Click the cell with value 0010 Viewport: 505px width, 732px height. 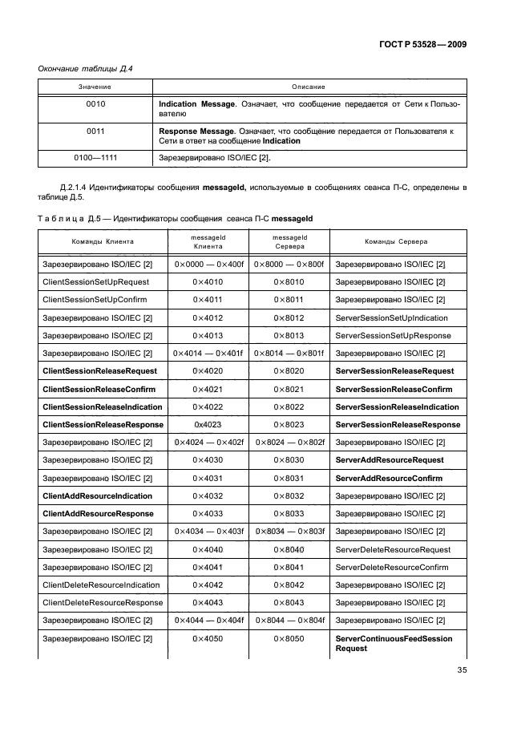click(x=95, y=104)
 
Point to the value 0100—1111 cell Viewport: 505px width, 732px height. click(x=95, y=157)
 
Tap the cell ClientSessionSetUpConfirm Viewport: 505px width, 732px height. click(x=94, y=300)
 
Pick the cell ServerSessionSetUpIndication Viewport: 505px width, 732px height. click(x=391, y=317)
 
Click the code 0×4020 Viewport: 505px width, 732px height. click(x=208, y=371)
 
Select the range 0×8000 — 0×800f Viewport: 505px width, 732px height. click(x=289, y=265)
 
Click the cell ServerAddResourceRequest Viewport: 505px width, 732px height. click(x=389, y=460)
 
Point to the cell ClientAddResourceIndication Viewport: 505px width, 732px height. click(x=97, y=495)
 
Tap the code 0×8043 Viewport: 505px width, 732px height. click(x=289, y=602)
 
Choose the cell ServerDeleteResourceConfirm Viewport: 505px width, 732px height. click(x=391, y=567)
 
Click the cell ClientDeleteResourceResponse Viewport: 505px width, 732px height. click(x=102, y=602)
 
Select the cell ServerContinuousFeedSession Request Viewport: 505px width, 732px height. click(x=393, y=643)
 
